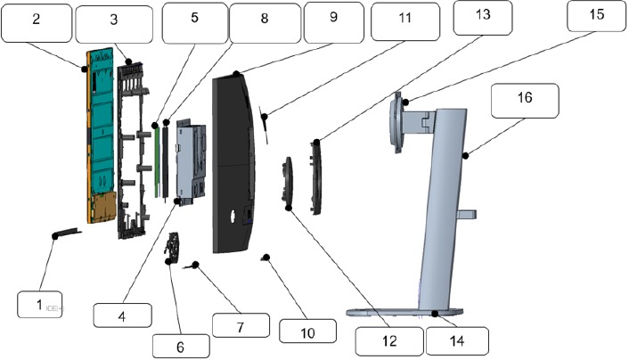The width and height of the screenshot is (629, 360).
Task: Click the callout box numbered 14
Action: coord(455,339)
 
